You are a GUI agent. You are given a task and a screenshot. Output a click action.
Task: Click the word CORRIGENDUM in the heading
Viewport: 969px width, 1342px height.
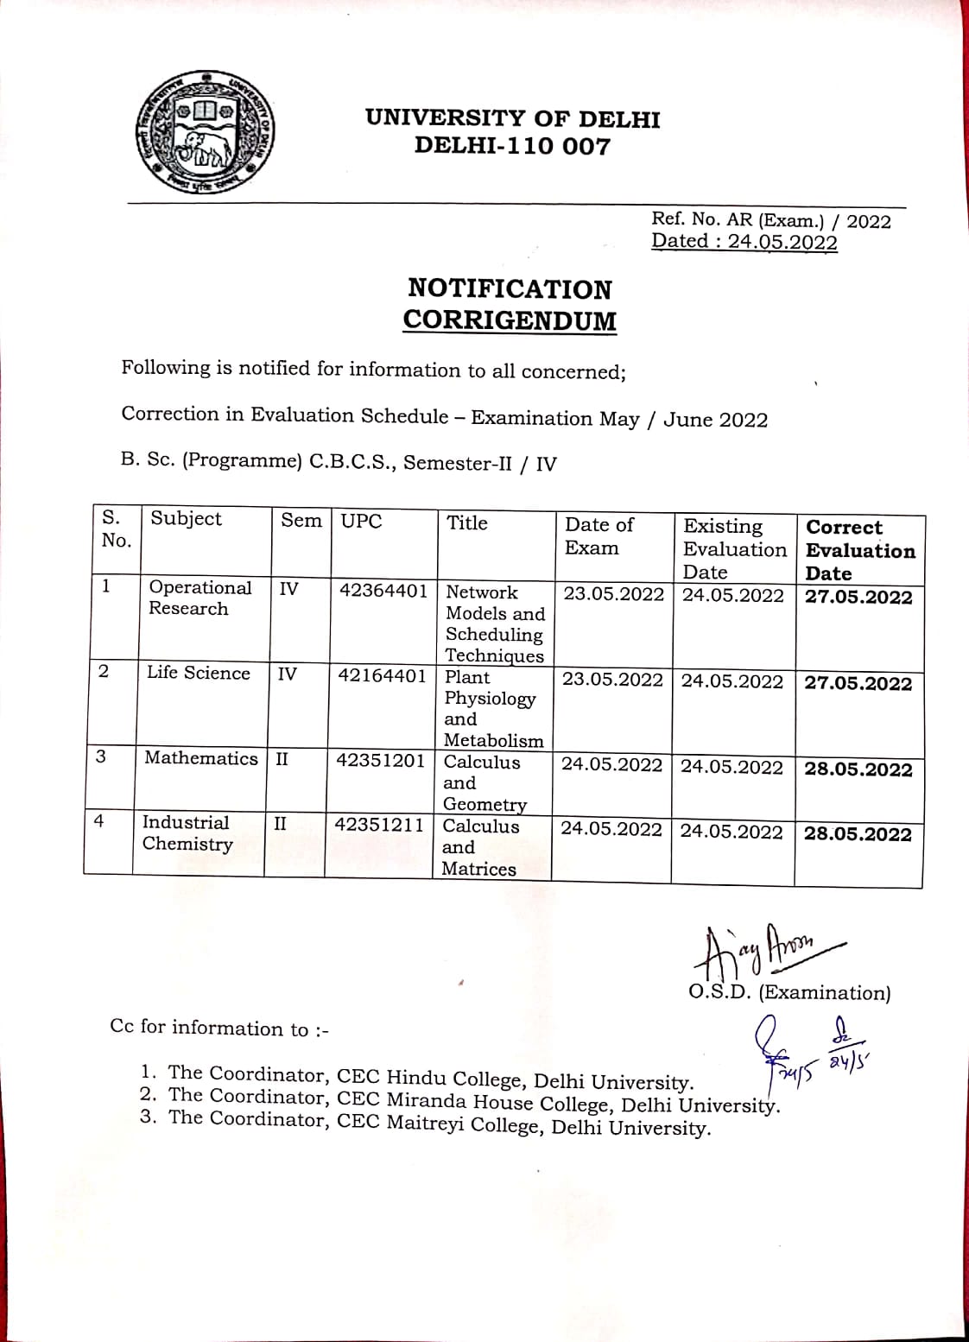click(510, 320)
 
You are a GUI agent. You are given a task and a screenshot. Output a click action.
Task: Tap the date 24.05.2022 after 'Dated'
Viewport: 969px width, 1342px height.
click(782, 242)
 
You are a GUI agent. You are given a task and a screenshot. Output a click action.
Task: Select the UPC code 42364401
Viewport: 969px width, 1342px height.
click(383, 591)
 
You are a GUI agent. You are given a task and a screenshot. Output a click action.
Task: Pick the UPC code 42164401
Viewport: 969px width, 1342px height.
click(382, 675)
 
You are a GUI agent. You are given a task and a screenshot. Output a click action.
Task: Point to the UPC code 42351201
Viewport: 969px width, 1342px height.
click(380, 761)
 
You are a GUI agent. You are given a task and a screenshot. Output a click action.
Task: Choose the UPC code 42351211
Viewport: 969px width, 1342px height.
click(379, 825)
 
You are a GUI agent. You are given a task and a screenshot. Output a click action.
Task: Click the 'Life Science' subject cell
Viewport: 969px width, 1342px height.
click(198, 673)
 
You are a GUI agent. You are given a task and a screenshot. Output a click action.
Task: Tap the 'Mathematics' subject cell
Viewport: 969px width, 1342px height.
click(200, 758)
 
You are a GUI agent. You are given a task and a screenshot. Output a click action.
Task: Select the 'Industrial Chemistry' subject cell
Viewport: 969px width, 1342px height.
click(187, 833)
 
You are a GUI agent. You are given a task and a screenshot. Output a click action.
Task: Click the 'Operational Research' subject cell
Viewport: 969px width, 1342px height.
click(199, 598)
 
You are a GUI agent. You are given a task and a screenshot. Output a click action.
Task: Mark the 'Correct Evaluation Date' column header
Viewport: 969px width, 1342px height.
click(859, 550)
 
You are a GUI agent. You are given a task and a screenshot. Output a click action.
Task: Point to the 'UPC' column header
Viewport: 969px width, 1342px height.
click(361, 522)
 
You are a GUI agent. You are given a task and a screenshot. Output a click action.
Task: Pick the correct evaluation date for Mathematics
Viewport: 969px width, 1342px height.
click(858, 769)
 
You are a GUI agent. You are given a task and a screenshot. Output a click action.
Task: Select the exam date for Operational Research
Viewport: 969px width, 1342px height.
click(613, 594)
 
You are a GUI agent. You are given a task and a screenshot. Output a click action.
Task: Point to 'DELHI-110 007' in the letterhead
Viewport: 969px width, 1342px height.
click(512, 146)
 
